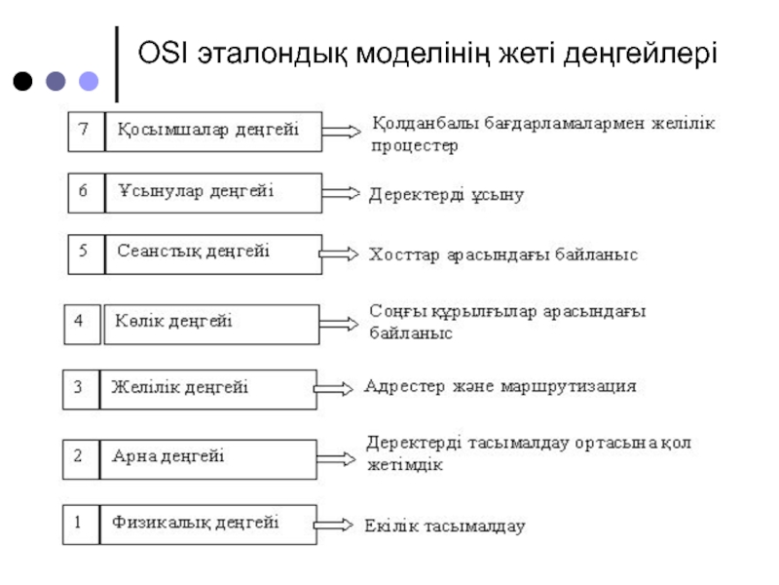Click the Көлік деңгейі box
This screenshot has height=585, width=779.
pos(210,324)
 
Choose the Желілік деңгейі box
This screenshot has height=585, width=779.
pos(208,388)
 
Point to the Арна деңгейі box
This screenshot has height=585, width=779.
pos(208,456)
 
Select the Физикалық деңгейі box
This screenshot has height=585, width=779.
pos(208,524)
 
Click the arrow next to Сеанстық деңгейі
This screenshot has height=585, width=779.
pos(338,253)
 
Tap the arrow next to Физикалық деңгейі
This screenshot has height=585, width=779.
pos(334,526)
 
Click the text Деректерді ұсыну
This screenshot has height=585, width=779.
pos(446,194)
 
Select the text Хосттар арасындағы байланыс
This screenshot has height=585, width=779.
pos(502,254)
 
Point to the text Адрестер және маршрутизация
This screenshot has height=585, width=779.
pos(500,386)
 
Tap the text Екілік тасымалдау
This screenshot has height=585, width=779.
pos(445,526)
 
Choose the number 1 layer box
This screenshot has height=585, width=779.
pos(80,524)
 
